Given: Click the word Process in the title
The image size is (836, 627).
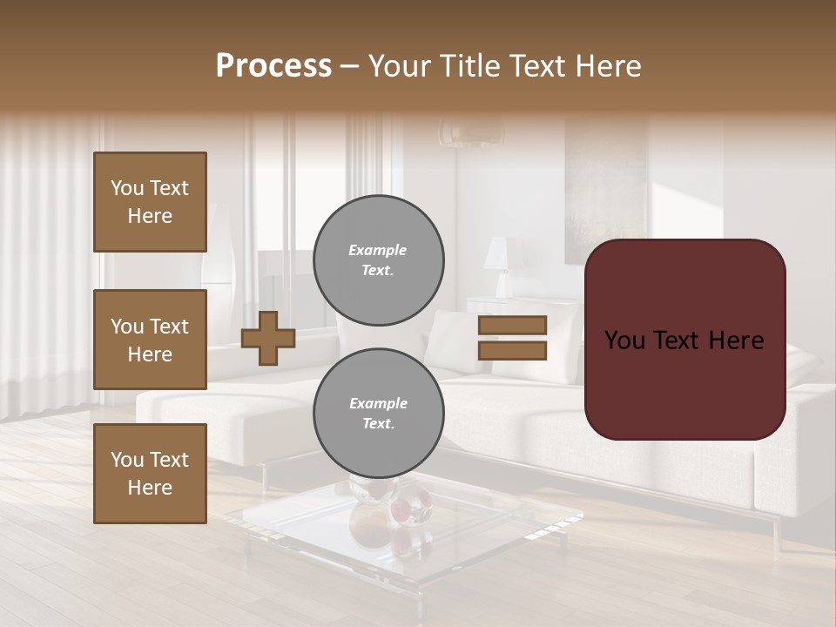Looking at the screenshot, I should (x=273, y=66).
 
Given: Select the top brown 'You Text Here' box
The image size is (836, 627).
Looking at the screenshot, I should (x=150, y=202).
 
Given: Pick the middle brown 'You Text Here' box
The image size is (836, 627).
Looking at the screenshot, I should (x=150, y=340).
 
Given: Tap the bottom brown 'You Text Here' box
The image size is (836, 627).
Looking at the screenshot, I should (x=150, y=474).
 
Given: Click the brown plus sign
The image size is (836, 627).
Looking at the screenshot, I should (x=268, y=338).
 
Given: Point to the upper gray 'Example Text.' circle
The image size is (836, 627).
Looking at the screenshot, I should (x=378, y=260).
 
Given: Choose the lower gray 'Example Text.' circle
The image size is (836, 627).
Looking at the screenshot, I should (x=378, y=414).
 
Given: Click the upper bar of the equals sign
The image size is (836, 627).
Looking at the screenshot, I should (x=512, y=325).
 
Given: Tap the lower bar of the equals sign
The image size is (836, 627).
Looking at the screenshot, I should (x=512, y=350).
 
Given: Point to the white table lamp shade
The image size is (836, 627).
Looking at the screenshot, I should (x=501, y=253).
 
